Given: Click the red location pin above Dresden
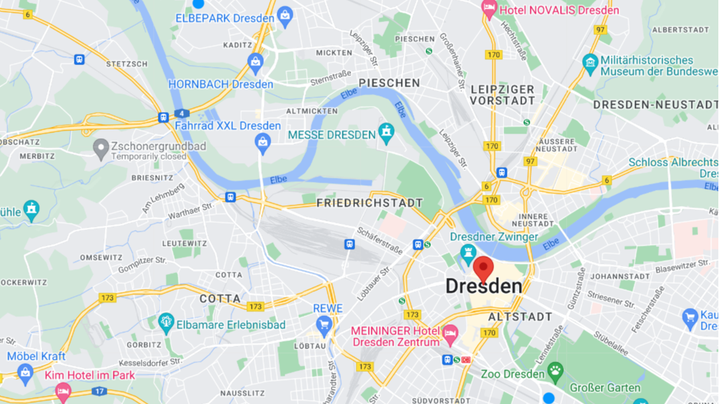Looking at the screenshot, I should (483, 269).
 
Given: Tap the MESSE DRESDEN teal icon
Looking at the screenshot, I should (386, 134).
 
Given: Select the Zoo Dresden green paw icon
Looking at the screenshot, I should (555, 370).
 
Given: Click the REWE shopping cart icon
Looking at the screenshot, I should (324, 326).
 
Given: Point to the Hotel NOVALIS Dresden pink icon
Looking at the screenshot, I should (489, 9).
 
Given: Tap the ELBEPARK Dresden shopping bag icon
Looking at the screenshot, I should (285, 17).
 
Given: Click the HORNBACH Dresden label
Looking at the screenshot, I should (220, 85).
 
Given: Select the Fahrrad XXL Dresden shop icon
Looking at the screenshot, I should (262, 142).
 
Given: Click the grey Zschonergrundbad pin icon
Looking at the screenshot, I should (101, 148).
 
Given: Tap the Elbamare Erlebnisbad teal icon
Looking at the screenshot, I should (166, 323).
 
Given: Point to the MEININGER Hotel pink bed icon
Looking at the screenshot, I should (450, 332).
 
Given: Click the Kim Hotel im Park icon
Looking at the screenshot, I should (62, 389).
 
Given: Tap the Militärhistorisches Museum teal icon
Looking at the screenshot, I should (590, 64).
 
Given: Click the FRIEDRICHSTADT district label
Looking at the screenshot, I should (369, 203).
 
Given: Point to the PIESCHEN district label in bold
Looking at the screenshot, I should (389, 83).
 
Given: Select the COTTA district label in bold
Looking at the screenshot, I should (220, 299).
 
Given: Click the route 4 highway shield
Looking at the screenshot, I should (179, 113).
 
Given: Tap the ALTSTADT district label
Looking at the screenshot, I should (520, 317).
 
